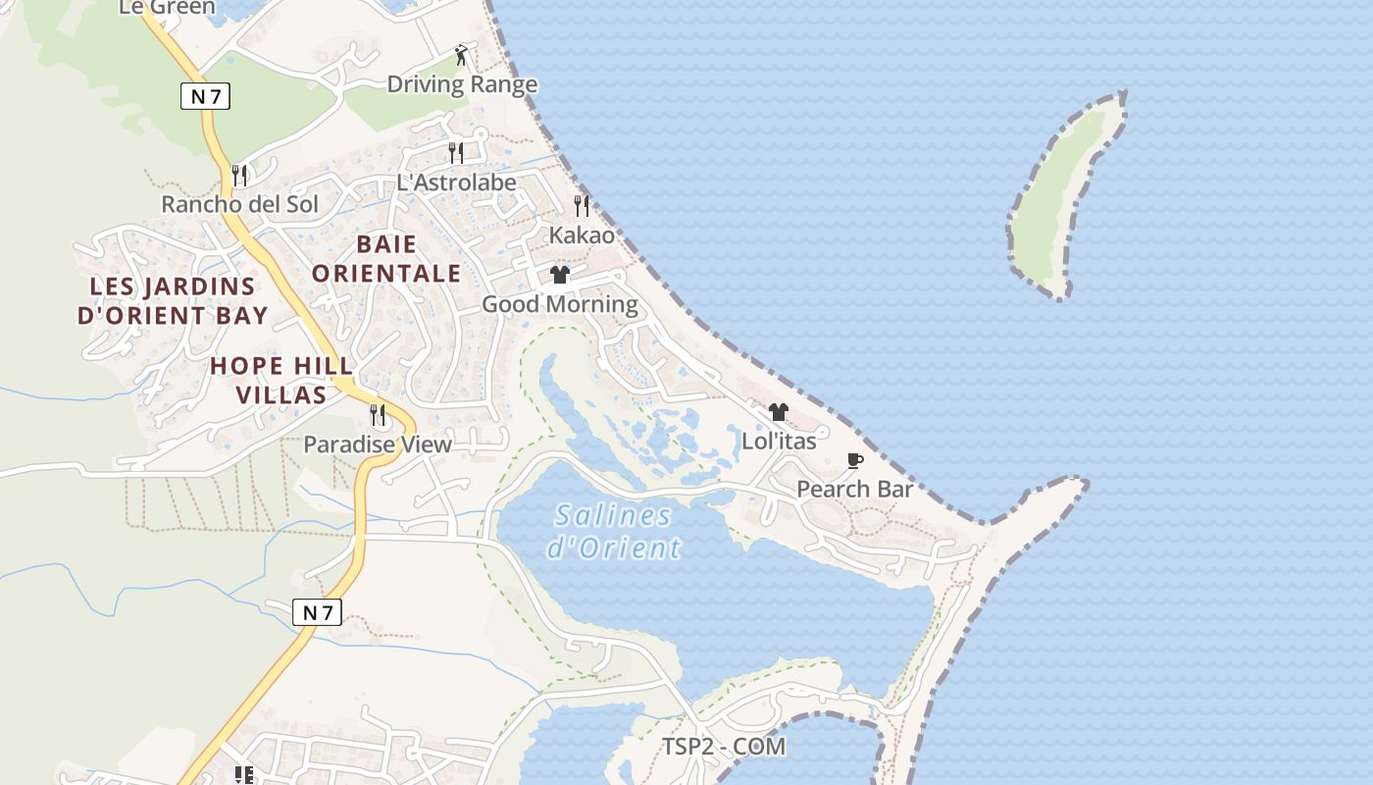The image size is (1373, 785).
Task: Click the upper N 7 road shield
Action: pos(206,96)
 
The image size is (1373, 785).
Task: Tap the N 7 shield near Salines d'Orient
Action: pos(317,612)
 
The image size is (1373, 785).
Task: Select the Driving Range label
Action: pos(462,84)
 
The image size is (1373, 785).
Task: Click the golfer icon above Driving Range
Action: pos(462,55)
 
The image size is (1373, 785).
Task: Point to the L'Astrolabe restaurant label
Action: pos(456,183)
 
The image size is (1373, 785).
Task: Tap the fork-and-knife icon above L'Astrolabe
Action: pos(456,152)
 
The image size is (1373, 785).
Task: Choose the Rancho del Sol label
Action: pos(240,204)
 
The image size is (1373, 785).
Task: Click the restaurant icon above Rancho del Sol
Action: pos(239,176)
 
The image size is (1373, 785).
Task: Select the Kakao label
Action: pos(582,235)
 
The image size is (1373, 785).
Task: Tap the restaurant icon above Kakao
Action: pos(582,206)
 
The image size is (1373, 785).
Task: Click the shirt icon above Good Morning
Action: pos(560,275)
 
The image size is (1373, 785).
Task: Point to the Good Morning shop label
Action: pos(560,304)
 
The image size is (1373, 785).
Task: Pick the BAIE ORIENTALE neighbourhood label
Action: pos(386,258)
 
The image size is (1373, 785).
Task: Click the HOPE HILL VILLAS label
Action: pos(281,381)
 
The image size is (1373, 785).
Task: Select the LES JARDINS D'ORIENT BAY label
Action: pos(173,300)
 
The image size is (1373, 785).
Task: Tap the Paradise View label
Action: pos(378,445)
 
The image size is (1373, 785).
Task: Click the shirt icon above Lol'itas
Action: pos(779,412)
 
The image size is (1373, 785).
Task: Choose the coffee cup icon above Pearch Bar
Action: pos(855,460)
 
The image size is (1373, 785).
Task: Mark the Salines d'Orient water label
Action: pos(613,531)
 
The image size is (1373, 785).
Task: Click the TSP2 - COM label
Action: pos(724,747)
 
